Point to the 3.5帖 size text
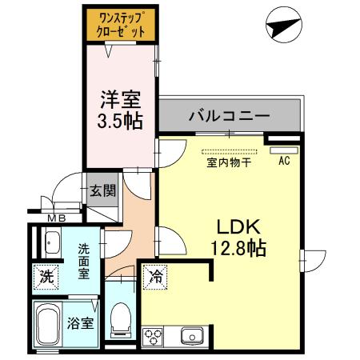tap(120, 122)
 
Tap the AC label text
tap(283, 161)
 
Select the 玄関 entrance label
tap(102, 190)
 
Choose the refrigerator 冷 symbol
tap(155, 278)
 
